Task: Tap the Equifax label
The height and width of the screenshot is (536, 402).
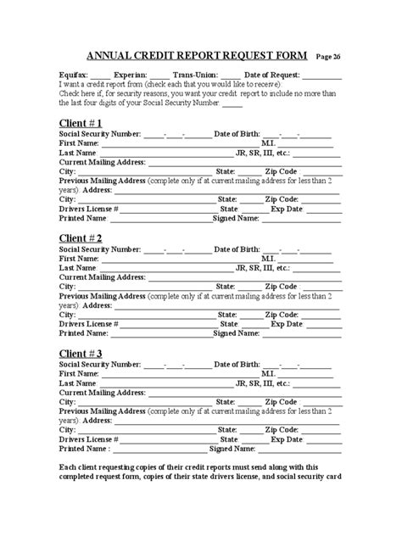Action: click(x=76, y=75)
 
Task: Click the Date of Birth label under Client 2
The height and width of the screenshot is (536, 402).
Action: click(x=237, y=249)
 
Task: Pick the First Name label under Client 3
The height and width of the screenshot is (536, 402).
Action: click(x=80, y=373)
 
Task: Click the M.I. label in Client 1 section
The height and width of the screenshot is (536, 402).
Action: click(x=268, y=143)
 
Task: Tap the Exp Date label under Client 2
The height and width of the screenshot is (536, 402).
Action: click(x=287, y=323)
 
